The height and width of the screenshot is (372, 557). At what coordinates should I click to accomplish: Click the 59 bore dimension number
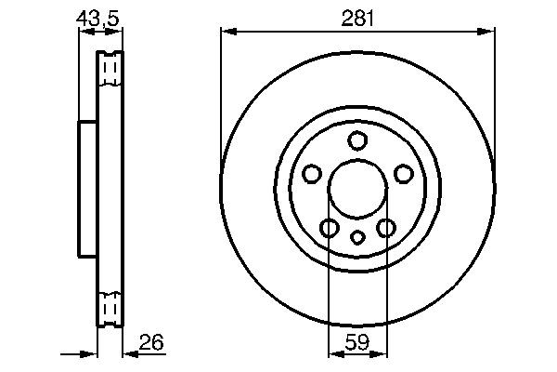point(357,343)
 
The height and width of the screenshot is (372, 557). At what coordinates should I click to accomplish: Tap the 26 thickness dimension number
point(152,343)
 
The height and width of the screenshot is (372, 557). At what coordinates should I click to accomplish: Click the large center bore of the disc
point(357,185)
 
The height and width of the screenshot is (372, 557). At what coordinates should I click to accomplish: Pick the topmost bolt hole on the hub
point(357,140)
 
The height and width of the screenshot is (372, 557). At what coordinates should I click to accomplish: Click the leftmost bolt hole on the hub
point(312,174)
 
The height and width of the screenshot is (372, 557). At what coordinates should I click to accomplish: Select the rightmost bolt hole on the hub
point(403,174)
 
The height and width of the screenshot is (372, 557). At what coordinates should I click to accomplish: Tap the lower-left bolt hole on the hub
point(330,228)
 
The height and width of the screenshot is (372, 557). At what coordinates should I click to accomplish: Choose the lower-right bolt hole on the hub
point(385,228)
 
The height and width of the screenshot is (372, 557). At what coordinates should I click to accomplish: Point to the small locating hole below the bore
point(357,237)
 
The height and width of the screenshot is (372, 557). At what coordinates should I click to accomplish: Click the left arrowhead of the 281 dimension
point(226,32)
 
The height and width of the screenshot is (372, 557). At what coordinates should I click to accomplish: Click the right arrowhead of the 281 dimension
point(489,32)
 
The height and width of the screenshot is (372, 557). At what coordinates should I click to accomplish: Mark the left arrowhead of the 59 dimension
point(333,353)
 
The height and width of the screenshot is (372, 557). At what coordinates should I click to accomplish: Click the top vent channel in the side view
point(110,69)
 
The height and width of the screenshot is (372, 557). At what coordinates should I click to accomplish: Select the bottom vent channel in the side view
point(110,305)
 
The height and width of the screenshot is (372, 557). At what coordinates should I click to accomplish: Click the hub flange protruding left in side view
point(86,188)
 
